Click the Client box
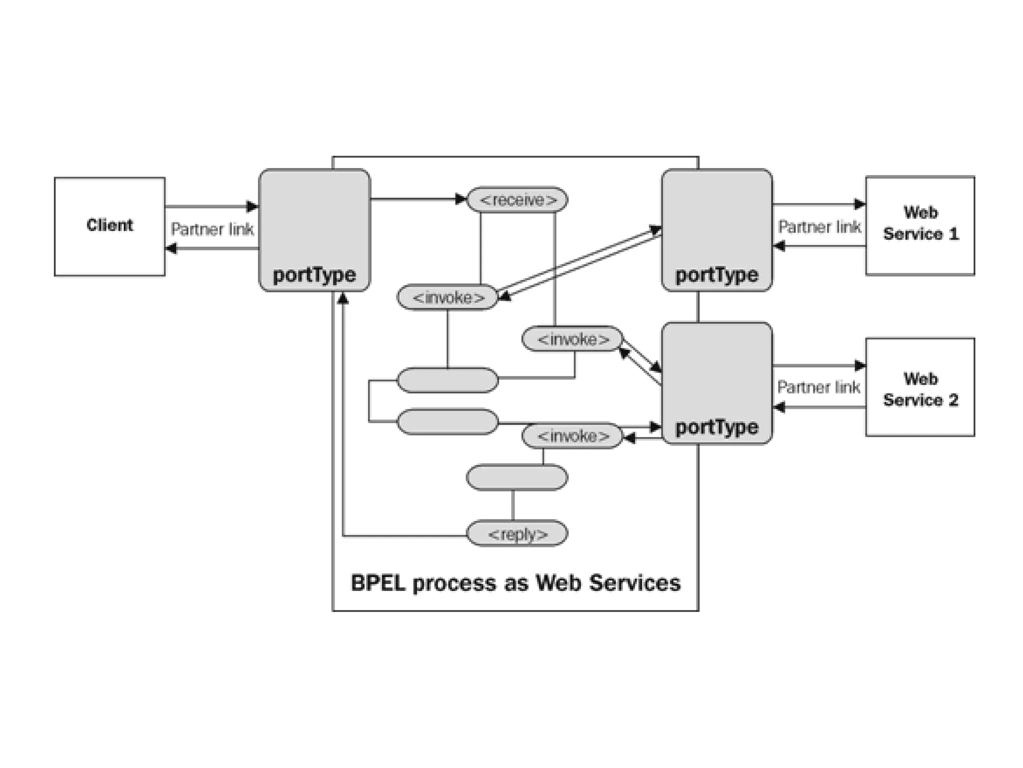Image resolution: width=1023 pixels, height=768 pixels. (109, 226)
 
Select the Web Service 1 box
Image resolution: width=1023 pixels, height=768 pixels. (920, 225)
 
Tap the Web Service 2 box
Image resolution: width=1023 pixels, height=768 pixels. (920, 387)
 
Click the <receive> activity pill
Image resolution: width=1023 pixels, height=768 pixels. (517, 200)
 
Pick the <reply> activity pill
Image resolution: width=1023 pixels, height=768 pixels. (517, 534)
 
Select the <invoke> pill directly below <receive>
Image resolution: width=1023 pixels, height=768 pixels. (448, 297)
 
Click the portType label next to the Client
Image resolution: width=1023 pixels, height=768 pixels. (314, 275)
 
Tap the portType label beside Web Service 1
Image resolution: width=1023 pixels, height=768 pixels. (716, 275)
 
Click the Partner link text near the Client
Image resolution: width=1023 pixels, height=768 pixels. (212, 229)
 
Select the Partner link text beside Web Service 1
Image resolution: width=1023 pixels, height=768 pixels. (819, 227)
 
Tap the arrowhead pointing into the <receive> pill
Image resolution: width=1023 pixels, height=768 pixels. (461, 199)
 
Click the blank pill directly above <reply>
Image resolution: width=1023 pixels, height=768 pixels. (517, 477)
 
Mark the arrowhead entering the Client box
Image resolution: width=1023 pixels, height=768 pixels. (171, 248)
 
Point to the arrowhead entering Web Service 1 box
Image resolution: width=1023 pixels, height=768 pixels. (860, 204)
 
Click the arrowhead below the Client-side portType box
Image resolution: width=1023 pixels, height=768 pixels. (343, 299)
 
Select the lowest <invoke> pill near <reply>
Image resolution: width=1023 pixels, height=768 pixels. (572, 436)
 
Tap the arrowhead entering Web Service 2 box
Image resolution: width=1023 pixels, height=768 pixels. (860, 365)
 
